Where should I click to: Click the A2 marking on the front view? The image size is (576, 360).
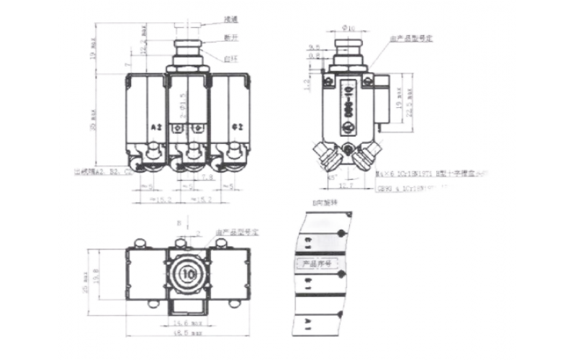[157, 127]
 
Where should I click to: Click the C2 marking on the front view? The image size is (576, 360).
[237, 127]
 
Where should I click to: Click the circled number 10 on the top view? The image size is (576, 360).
[189, 274]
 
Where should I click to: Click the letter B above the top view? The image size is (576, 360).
[178, 222]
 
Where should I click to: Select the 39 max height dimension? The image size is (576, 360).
[95, 116]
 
